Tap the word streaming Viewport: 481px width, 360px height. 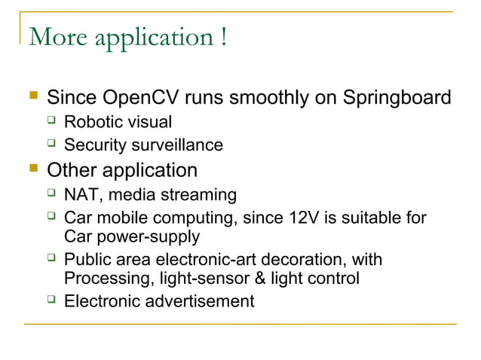tap(197, 195)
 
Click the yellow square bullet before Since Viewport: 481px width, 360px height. tap(32, 98)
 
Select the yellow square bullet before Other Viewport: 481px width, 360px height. tap(32, 169)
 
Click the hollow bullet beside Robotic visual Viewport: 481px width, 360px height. tap(51, 121)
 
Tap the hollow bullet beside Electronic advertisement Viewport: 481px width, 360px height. tap(51, 301)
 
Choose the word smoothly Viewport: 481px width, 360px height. tap(268, 98)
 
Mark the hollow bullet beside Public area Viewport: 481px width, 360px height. tap(51, 260)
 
